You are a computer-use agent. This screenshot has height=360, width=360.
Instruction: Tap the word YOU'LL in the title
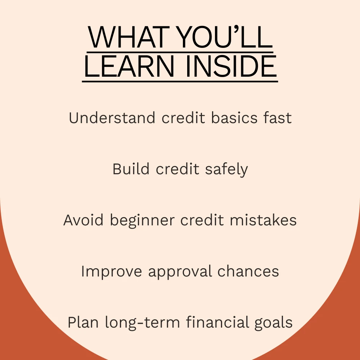tap(225, 37)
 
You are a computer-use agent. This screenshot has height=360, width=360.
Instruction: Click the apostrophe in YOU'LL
tap(237, 30)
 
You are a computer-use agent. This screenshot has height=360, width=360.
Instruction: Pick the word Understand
tap(112, 118)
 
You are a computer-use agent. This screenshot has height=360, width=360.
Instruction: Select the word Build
tap(131, 169)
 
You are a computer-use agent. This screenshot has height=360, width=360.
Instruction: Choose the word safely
tap(226, 170)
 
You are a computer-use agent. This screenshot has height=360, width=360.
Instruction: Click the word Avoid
tap(84, 220)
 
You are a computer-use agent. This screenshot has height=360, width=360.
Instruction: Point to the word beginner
tap(142, 221)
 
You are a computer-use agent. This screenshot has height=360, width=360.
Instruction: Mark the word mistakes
tap(263, 220)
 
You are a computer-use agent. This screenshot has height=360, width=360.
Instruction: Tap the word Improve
tap(112, 271)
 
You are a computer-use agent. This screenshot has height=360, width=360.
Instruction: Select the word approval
tap(180, 271)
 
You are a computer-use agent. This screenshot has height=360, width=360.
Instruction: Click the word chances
tap(248, 271)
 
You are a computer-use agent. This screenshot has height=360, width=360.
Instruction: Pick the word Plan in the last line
tap(83, 322)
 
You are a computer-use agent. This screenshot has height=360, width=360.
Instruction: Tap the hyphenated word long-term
tap(142, 323)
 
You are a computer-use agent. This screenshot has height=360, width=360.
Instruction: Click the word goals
tap(274, 323)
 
